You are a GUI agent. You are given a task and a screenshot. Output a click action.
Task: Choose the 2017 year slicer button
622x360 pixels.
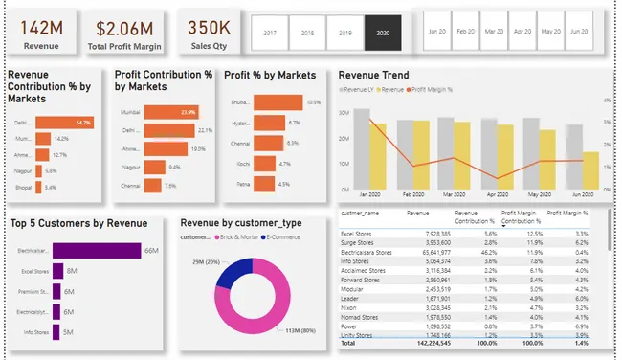tap(269, 33)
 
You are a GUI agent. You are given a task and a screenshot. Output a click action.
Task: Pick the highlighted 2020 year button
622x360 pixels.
tap(384, 33)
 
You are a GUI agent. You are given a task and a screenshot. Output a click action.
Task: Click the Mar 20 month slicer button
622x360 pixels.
tap(493, 32)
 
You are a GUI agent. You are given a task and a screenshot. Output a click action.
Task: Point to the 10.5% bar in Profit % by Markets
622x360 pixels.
tap(278, 101)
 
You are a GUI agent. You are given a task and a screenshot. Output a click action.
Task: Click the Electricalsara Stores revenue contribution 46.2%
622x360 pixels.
tap(487, 252)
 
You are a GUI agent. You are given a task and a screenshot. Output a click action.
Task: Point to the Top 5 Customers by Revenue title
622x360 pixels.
tap(79, 223)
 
